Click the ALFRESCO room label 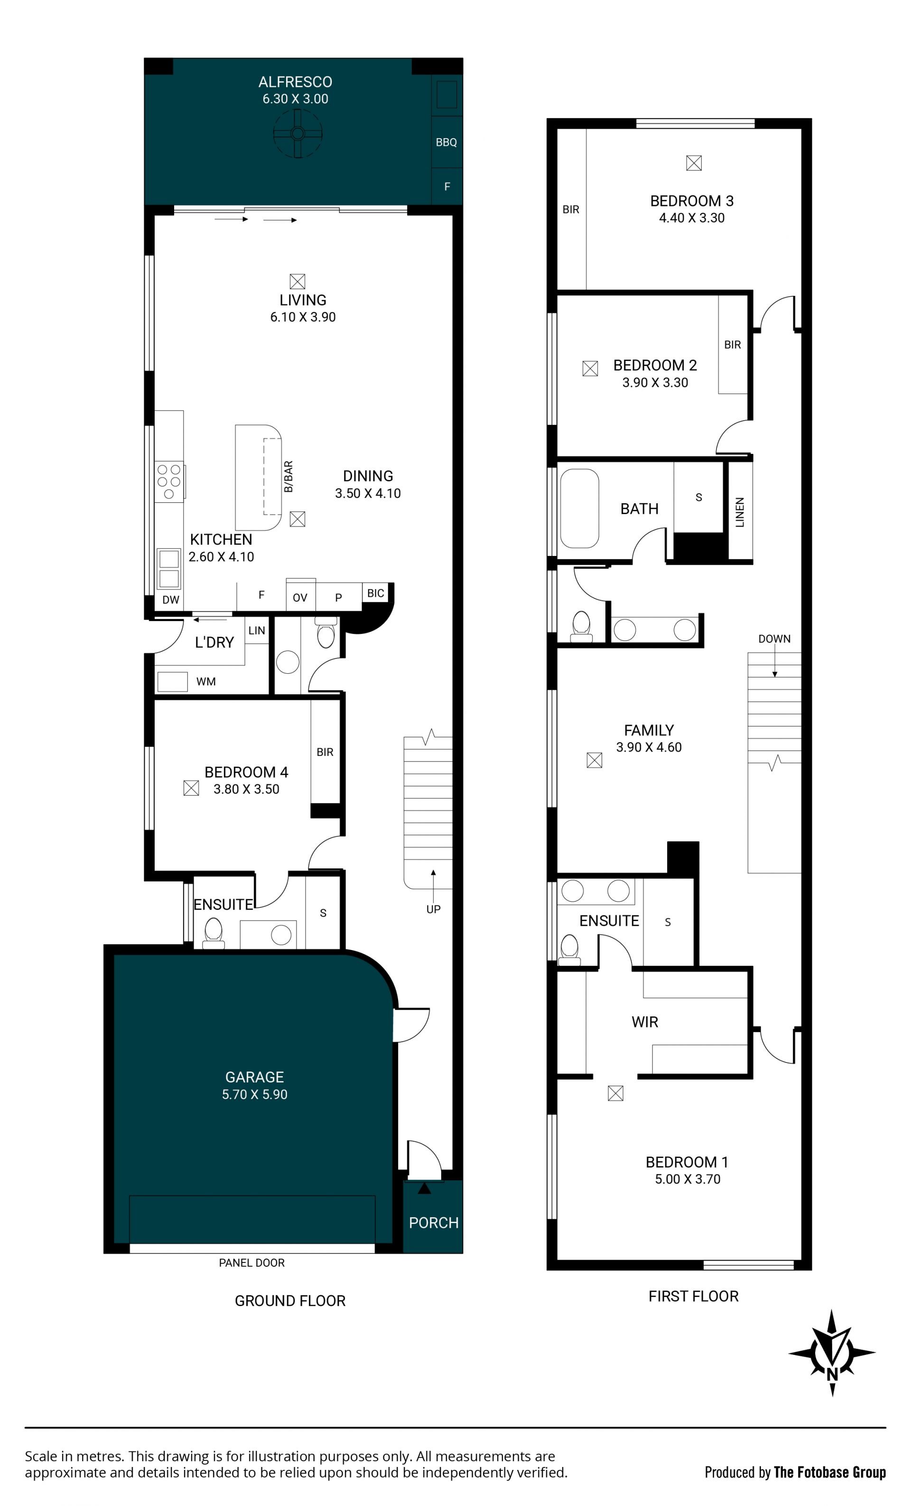pyautogui.click(x=295, y=82)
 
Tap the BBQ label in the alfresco pyautogui.click(x=446, y=142)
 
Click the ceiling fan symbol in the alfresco pyautogui.click(x=297, y=133)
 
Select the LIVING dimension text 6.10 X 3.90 pyautogui.click(x=303, y=317)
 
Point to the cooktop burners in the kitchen pyautogui.click(x=168, y=481)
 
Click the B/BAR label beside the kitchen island pyautogui.click(x=288, y=477)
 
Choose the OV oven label pyautogui.click(x=299, y=598)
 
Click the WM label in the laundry pyautogui.click(x=206, y=681)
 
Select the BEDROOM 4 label pyautogui.click(x=246, y=772)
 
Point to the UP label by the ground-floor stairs pyautogui.click(x=433, y=910)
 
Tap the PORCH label pyautogui.click(x=433, y=1223)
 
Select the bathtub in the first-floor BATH pyautogui.click(x=579, y=508)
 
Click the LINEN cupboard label pyautogui.click(x=740, y=512)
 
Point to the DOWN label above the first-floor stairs pyautogui.click(x=774, y=639)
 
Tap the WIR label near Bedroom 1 pyautogui.click(x=645, y=1022)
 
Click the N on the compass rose pyautogui.click(x=832, y=1372)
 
